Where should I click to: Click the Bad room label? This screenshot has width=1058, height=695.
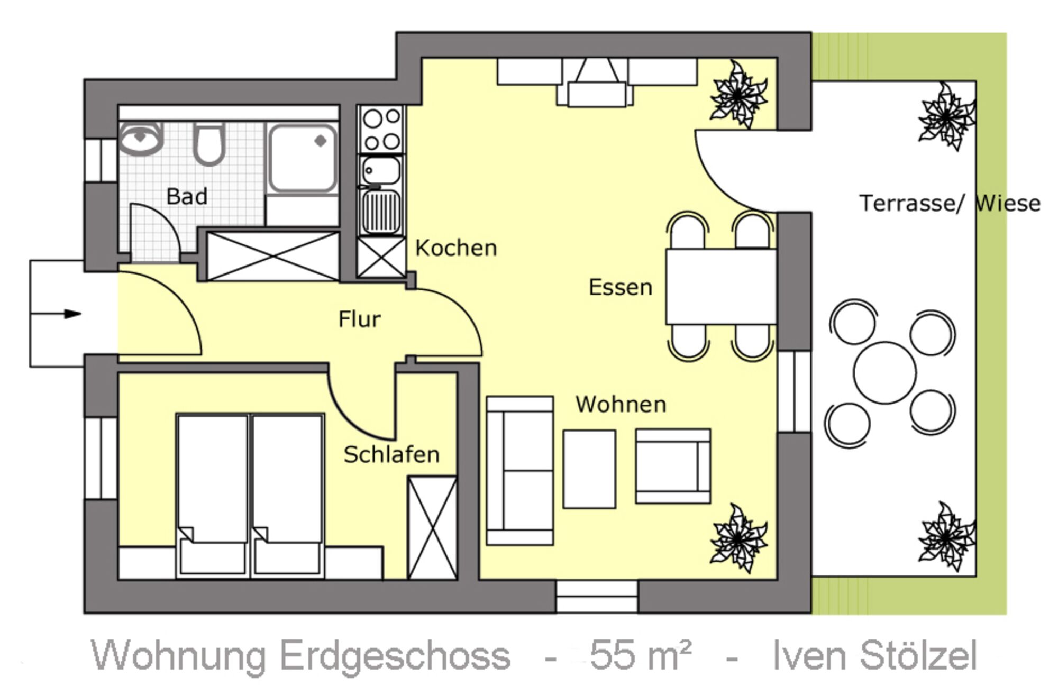pyautogui.click(x=187, y=197)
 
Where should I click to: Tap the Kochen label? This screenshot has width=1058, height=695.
pyautogui.click(x=456, y=248)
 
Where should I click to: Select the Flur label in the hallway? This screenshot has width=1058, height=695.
pyautogui.click(x=359, y=319)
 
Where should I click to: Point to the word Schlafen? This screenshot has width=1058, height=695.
pyautogui.click(x=391, y=455)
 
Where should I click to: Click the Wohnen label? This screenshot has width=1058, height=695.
pyautogui.click(x=621, y=405)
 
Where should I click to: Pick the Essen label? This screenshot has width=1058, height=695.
pyautogui.click(x=621, y=288)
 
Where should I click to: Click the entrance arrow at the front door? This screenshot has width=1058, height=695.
pyautogui.click(x=56, y=314)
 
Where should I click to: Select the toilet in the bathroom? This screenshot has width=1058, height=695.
pyautogui.click(x=209, y=144)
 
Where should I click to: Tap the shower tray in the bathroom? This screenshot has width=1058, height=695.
pyautogui.click(x=303, y=158)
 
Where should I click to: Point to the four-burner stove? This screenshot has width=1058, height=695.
pyautogui.click(x=381, y=129)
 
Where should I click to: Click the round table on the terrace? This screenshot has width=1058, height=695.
pyautogui.click(x=884, y=373)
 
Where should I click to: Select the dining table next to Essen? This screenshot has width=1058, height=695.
pyautogui.click(x=720, y=286)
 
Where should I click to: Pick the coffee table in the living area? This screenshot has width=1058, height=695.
pyautogui.click(x=589, y=469)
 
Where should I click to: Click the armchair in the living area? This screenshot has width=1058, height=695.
pyautogui.click(x=673, y=466)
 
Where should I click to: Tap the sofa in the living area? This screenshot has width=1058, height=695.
pyautogui.click(x=520, y=471)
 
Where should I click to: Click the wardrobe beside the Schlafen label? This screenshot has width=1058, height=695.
pyautogui.click(x=432, y=528)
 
